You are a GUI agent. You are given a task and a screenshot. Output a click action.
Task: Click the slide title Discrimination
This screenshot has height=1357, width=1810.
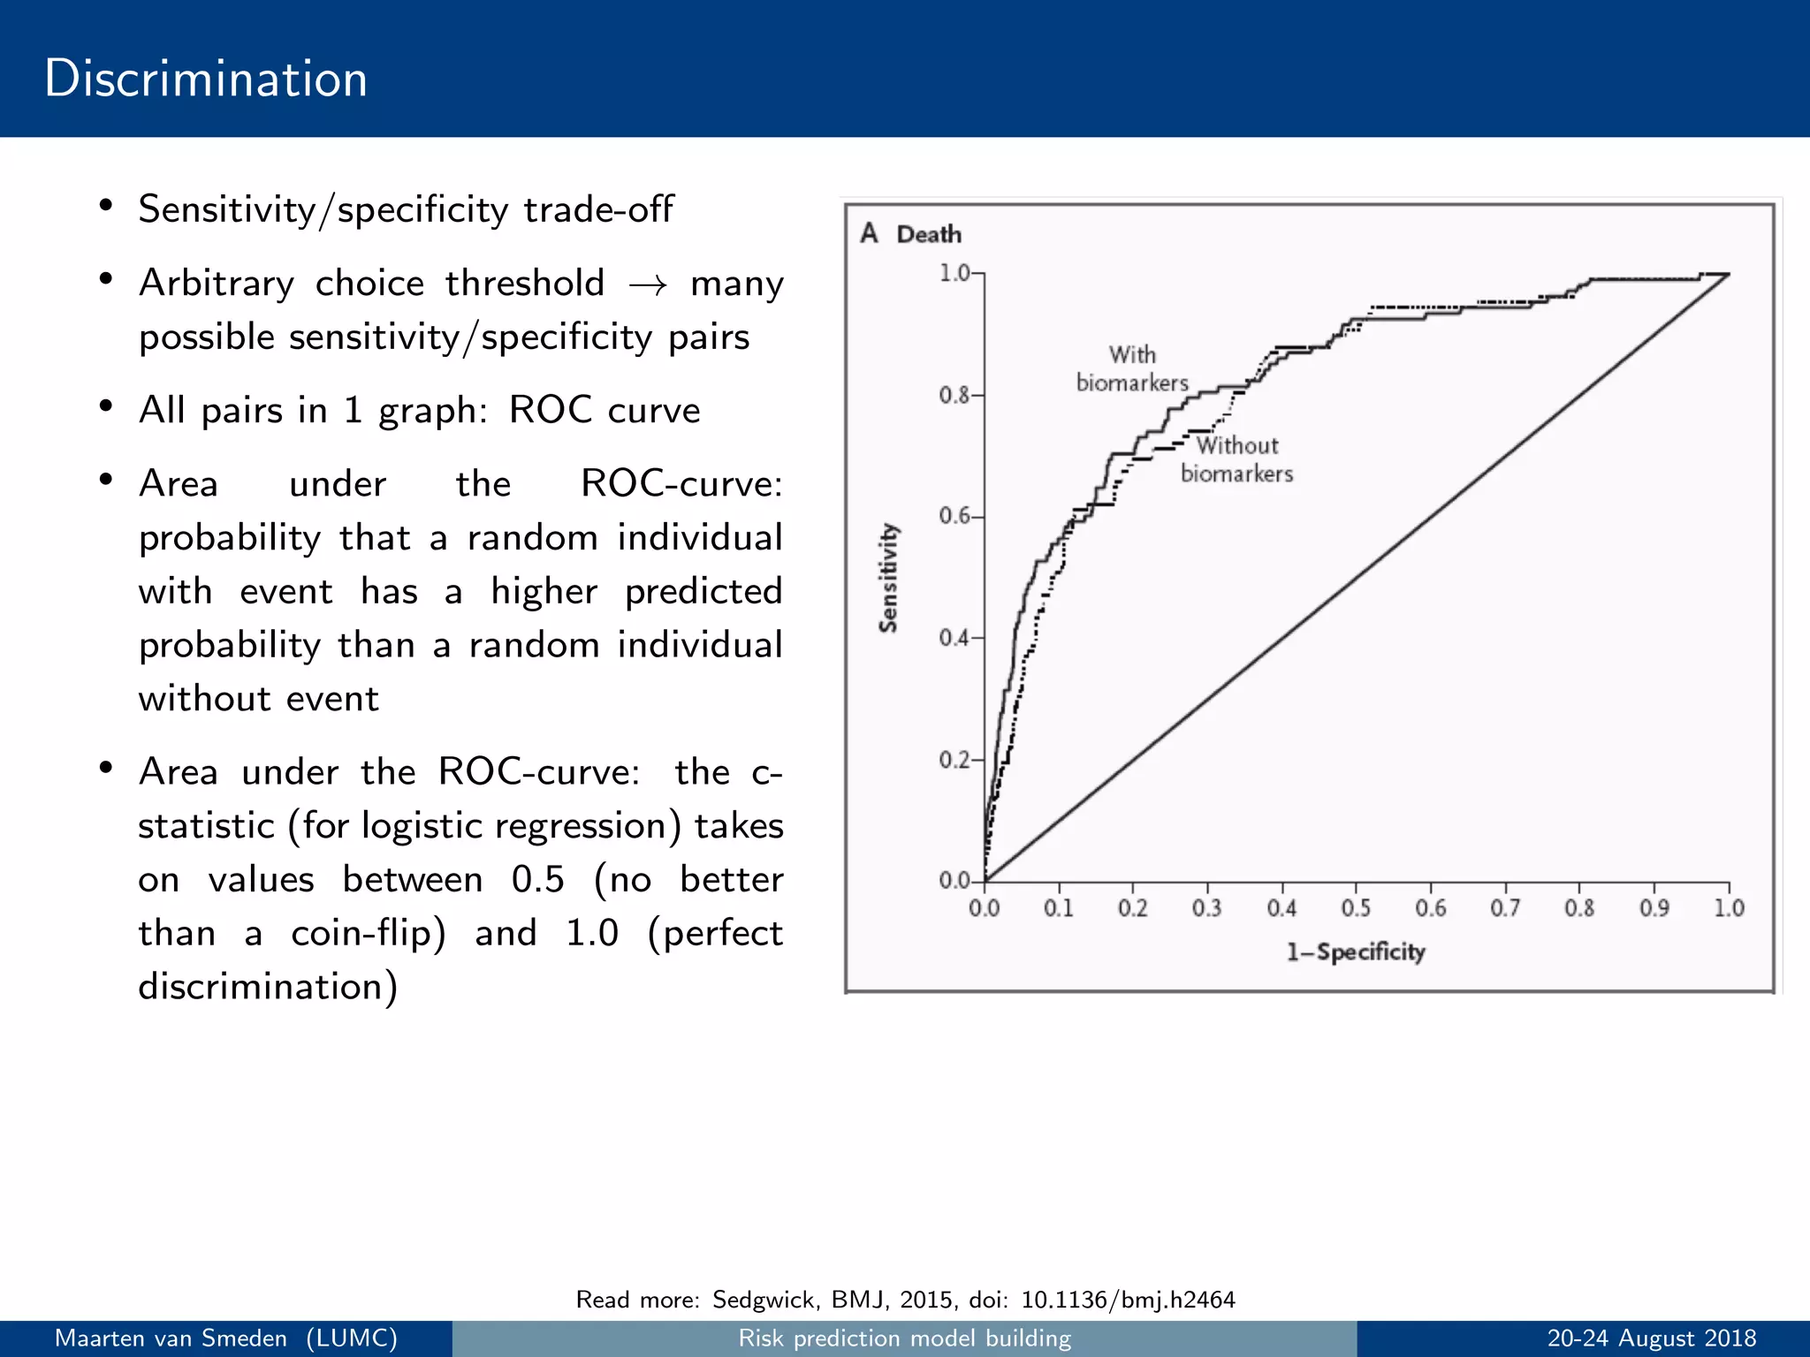click(205, 79)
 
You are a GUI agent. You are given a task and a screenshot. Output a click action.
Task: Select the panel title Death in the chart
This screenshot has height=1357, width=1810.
click(928, 234)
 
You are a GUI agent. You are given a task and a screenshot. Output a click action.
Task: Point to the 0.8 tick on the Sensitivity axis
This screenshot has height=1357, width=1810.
click(955, 395)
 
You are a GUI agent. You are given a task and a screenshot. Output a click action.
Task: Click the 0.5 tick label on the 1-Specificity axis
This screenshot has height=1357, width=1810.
click(1356, 908)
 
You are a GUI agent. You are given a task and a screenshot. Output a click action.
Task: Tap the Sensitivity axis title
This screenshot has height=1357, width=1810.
click(888, 578)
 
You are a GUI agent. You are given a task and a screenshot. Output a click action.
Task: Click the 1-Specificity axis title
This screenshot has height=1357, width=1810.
click(1355, 951)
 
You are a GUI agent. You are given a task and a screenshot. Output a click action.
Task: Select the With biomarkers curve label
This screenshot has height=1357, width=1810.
click(1132, 368)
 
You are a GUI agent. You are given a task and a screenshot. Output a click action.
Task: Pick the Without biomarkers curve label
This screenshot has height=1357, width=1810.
click(1236, 459)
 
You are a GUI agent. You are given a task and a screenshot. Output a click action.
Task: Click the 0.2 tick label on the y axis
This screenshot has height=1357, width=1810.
click(954, 760)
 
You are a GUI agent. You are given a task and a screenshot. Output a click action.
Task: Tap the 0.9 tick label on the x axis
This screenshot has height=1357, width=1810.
click(1654, 908)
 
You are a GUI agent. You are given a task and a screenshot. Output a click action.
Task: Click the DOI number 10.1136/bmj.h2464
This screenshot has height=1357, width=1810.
click(1128, 1300)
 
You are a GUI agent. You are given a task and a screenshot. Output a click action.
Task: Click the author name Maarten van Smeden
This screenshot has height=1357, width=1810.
click(171, 1338)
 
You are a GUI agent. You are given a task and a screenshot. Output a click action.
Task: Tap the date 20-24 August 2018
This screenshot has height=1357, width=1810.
click(1651, 1338)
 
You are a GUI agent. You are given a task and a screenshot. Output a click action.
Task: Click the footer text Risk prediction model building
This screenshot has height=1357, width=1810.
click(904, 1338)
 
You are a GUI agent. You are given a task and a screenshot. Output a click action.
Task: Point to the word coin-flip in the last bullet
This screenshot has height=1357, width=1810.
click(368, 934)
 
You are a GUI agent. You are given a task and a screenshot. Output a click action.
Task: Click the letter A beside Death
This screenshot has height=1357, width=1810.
click(869, 233)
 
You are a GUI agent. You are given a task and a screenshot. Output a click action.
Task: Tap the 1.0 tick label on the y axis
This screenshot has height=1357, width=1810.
click(954, 273)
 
